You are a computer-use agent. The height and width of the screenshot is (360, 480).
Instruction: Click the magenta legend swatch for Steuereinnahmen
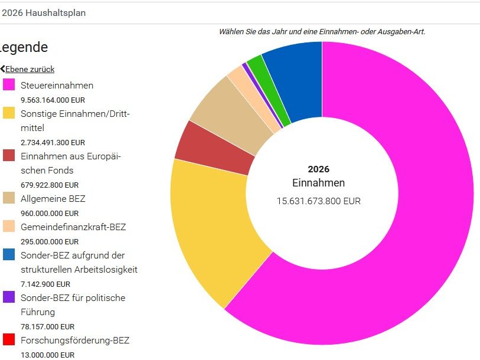pyautogui.click(x=9, y=85)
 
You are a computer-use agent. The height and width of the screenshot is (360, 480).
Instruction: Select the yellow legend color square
pyautogui.click(x=9, y=113)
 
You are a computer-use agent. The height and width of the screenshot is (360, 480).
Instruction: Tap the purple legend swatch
pyautogui.click(x=9, y=297)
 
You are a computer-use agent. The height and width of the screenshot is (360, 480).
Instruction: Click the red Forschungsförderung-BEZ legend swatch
pyautogui.click(x=9, y=340)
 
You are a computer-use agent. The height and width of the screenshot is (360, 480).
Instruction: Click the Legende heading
pyautogui.click(x=24, y=47)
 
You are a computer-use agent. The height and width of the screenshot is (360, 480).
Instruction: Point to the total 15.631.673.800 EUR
pyautogui.click(x=318, y=201)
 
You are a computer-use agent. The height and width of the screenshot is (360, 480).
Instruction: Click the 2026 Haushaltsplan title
pyautogui.click(x=44, y=12)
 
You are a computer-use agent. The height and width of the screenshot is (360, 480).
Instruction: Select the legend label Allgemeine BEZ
pyautogui.click(x=53, y=199)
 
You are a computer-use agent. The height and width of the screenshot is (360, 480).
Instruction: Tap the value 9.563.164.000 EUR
pyautogui.click(x=53, y=100)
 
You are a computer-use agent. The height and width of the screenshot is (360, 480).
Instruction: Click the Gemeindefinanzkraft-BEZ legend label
pyautogui.click(x=73, y=227)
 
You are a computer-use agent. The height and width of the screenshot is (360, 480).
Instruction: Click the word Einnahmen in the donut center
pyautogui.click(x=318, y=183)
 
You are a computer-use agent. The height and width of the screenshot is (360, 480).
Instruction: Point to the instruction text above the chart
pyautogui.click(x=322, y=32)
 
